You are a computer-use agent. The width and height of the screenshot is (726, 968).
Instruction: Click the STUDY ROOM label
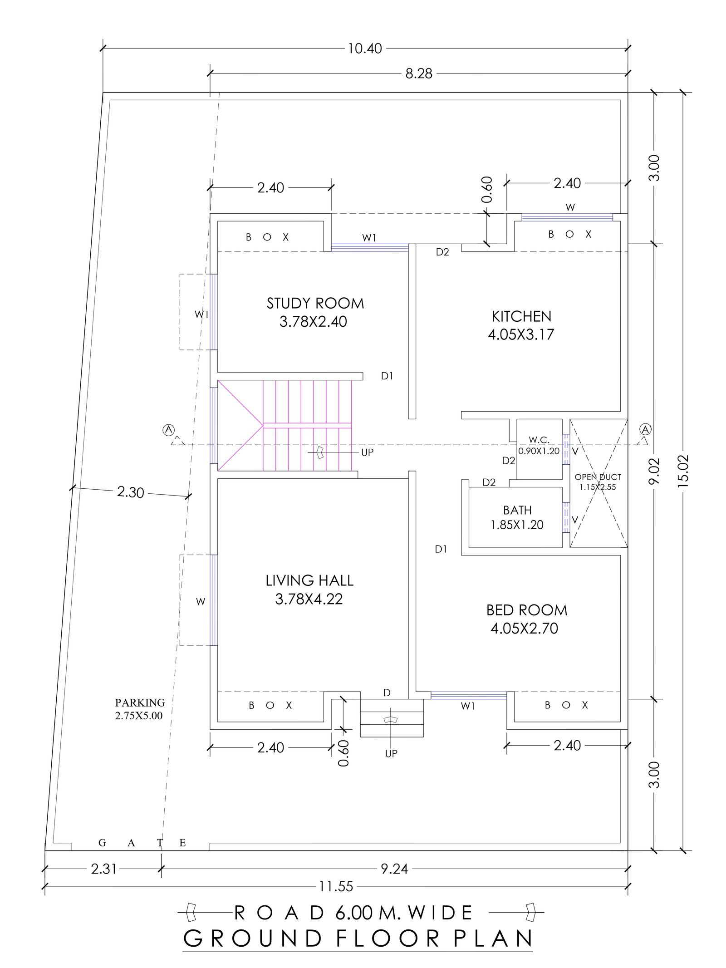click(315, 303)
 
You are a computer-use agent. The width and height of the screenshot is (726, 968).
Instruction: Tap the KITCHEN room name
click(521, 316)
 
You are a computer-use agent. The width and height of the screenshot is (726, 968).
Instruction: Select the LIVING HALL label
click(309, 580)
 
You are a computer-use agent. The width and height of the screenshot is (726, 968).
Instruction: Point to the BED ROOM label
click(527, 610)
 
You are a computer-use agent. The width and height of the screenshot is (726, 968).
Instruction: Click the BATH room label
click(517, 510)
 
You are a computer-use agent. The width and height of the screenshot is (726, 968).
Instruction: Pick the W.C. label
click(539, 440)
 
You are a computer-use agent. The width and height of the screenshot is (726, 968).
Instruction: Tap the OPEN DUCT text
click(598, 477)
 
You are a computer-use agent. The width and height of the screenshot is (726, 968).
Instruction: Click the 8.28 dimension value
click(419, 74)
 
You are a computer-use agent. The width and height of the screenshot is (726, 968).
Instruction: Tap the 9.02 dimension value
click(654, 472)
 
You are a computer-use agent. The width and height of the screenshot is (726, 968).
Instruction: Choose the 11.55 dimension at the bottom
click(336, 886)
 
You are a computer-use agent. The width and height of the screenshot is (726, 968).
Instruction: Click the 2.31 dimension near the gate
click(104, 869)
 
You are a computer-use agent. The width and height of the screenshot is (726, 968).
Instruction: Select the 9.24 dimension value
click(394, 869)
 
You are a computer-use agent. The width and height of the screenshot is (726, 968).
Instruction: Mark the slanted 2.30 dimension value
click(130, 492)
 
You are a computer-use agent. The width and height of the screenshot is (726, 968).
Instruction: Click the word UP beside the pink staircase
click(368, 452)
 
